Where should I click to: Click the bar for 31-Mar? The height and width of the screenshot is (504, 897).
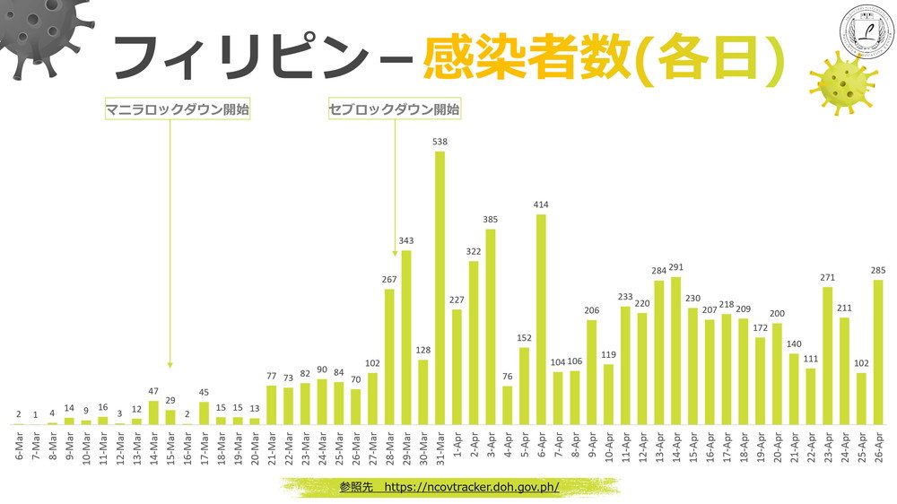coord(440,288)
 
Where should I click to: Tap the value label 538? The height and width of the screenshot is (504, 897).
coord(440,142)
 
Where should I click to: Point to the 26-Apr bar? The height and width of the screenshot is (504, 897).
coord(878,352)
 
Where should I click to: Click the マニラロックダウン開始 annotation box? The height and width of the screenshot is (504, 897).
coord(177,110)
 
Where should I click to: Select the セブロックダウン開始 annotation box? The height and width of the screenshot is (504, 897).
coord(395,110)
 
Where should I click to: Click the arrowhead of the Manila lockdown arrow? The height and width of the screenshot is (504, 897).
coord(170,364)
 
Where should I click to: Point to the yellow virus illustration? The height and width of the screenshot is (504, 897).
coord(841,83)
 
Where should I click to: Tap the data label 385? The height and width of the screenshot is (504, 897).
coord(491,220)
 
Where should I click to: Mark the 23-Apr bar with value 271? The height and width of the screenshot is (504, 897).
coord(828,355)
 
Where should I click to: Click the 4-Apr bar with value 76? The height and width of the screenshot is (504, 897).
coord(508,404)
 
